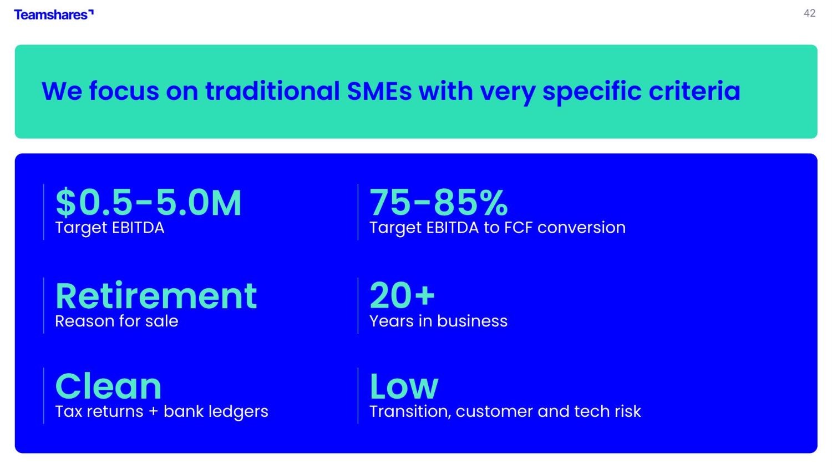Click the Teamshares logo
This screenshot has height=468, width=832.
[x=54, y=14]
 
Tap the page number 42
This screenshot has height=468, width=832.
[x=809, y=13]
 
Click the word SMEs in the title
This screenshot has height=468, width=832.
[x=379, y=91]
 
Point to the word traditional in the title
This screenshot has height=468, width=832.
[x=272, y=91]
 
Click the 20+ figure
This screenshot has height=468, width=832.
[x=402, y=295]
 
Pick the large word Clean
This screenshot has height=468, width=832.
[x=108, y=386]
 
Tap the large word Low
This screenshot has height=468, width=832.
[x=404, y=386]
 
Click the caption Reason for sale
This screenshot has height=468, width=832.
[x=116, y=321]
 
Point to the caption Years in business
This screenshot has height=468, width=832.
[x=438, y=321]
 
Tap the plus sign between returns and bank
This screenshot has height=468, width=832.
[x=153, y=412]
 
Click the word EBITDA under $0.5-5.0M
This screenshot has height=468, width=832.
[x=138, y=228]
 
